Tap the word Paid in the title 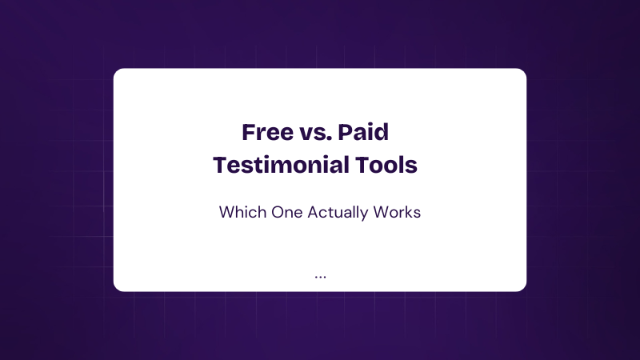point(363,132)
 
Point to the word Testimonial point(281,166)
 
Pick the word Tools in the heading point(386,166)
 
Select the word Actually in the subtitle point(338,213)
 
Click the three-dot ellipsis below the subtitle point(321,277)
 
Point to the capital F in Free point(249,132)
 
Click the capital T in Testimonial point(222,166)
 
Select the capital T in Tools point(364,166)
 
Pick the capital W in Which point(228,212)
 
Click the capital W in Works point(382,212)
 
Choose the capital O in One point(278,212)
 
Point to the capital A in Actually point(314,212)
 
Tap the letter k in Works point(410,212)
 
